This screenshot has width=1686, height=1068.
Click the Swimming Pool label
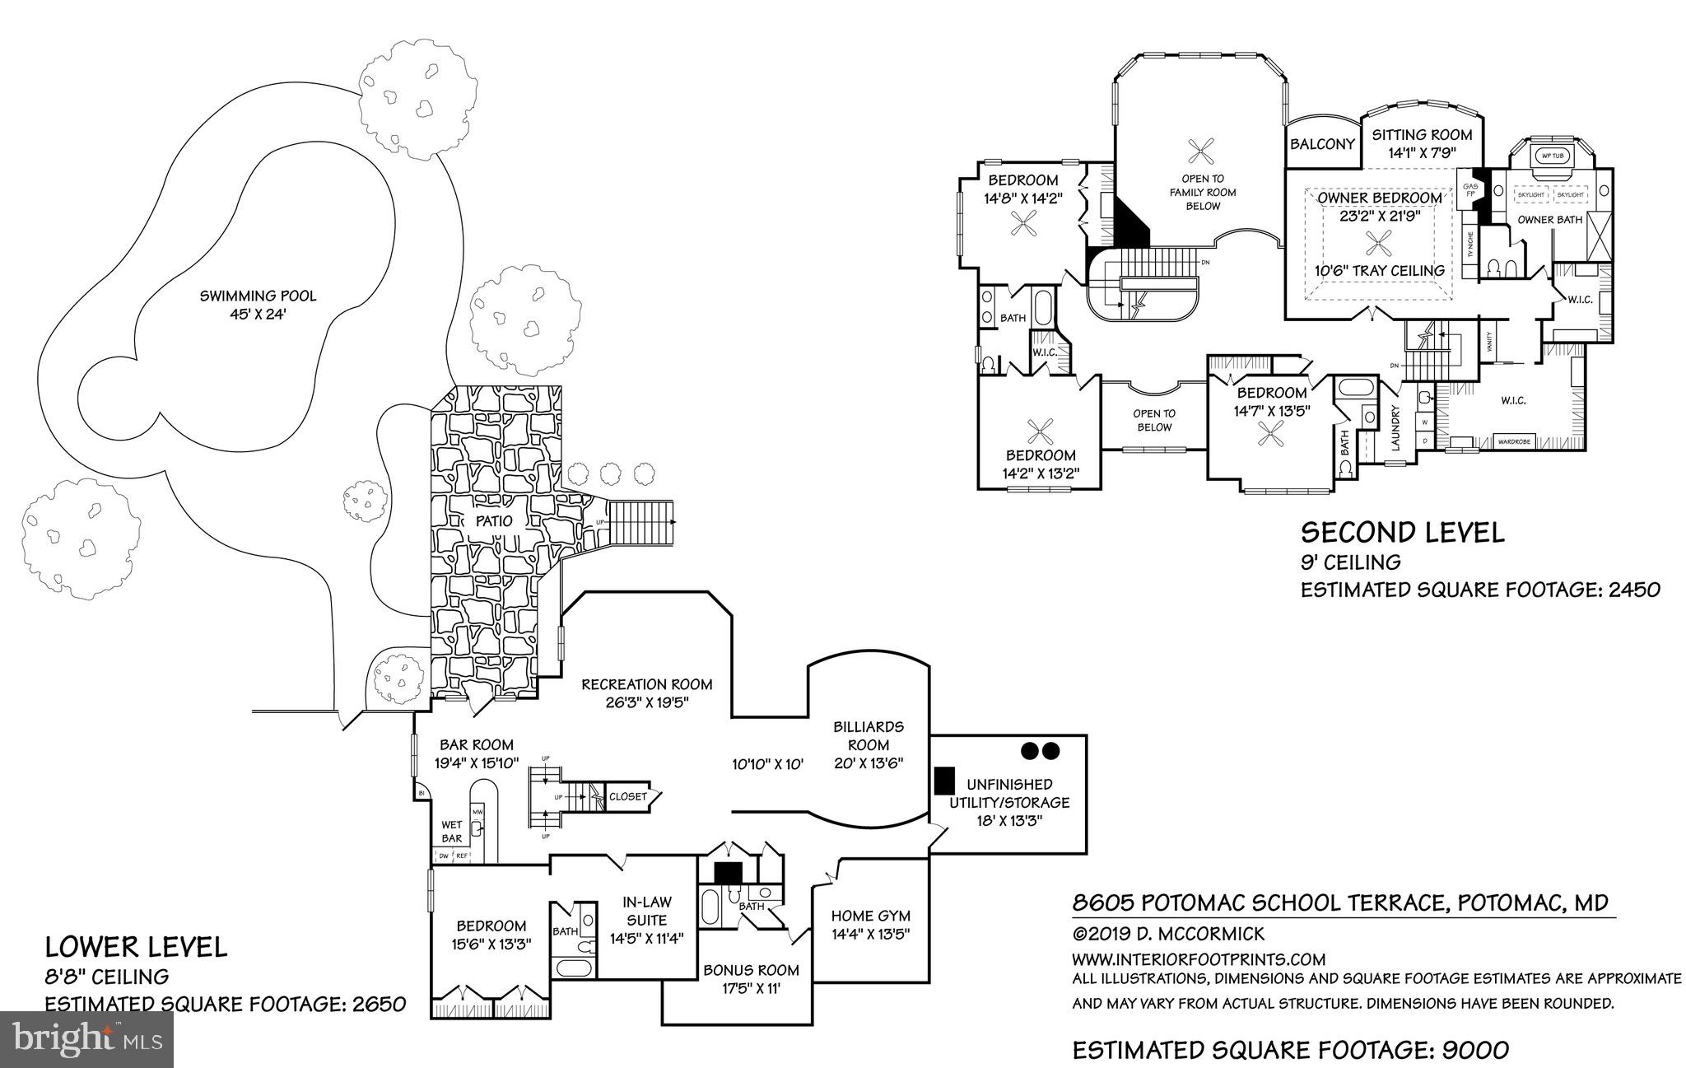(258, 296)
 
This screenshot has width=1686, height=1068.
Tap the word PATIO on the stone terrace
(493, 520)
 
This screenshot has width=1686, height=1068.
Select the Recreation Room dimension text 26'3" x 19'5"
(646, 702)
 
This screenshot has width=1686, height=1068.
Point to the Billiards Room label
(869, 736)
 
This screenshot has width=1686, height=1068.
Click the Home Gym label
(870, 915)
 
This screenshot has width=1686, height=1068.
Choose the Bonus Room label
(751, 970)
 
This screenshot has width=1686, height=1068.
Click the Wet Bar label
(452, 832)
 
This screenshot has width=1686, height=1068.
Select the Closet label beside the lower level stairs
(628, 796)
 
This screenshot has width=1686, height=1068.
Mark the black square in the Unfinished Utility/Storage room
(944, 778)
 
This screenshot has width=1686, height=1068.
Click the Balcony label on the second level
(1322, 144)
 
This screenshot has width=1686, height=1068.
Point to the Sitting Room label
(1422, 135)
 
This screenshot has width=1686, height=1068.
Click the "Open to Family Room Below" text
(1203, 192)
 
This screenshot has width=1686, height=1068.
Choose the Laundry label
(1395, 428)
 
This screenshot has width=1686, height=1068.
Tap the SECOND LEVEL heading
(1402, 532)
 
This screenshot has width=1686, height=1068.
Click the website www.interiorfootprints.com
(1198, 959)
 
